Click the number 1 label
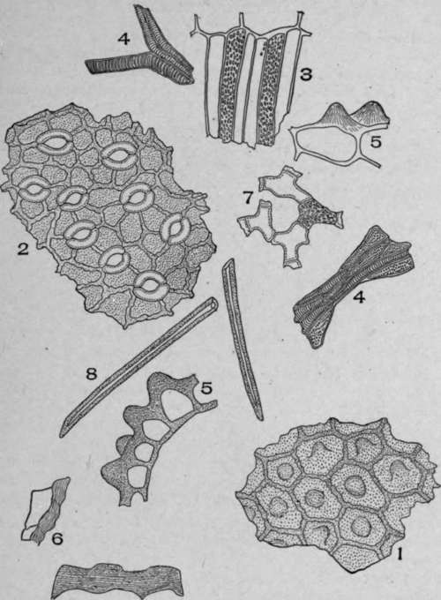pos(400,554)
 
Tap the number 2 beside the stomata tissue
pos(23,249)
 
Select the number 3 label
pos(305,74)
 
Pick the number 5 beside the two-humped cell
pos(376,141)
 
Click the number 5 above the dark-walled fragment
pos(206,388)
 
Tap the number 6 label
pos(57,539)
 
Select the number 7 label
pos(248,199)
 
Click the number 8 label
pos(91,373)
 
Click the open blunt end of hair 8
pos(211,304)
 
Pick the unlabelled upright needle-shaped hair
pos(242,340)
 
